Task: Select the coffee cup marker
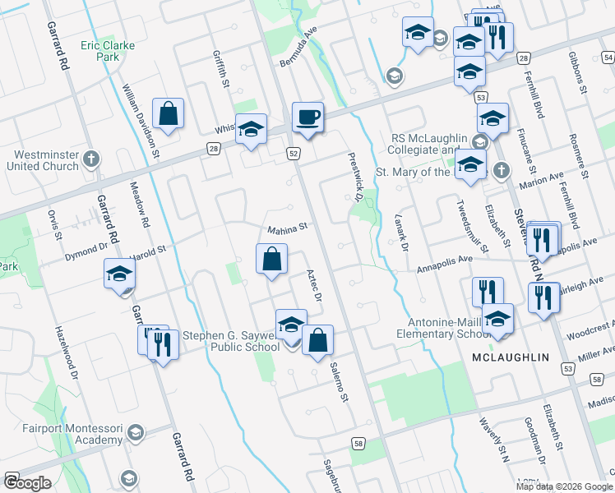coord(307,117)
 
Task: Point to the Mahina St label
coord(286,227)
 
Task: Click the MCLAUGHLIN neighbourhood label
coord(511,358)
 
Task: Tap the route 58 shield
coord(358,444)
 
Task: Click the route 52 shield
coord(294,154)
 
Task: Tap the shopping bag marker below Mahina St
coord(271,260)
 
